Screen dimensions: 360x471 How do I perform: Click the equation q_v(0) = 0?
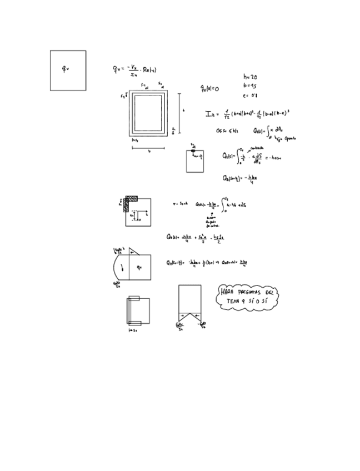(210, 88)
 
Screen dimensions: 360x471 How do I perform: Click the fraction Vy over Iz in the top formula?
(133, 69)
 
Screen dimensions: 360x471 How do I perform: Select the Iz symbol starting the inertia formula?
(210, 114)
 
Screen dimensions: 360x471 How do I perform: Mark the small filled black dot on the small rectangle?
(194, 151)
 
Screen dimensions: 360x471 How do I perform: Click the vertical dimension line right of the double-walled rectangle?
(178, 113)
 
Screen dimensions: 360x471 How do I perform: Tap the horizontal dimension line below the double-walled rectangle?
(147, 148)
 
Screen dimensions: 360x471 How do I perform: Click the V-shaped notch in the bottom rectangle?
(189, 317)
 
